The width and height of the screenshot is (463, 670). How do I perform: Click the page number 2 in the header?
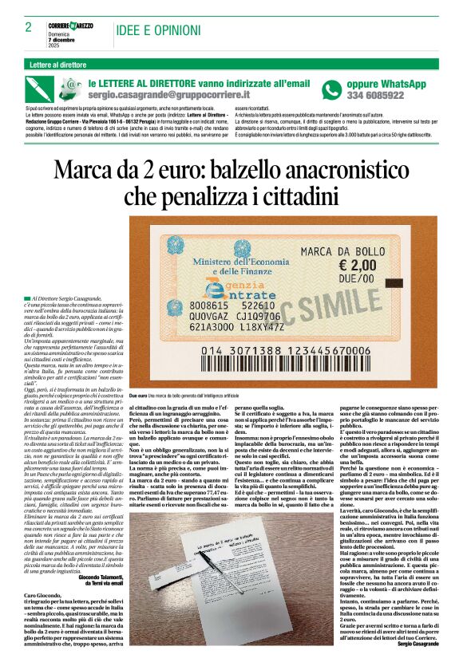pyautogui.click(x=28, y=28)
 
